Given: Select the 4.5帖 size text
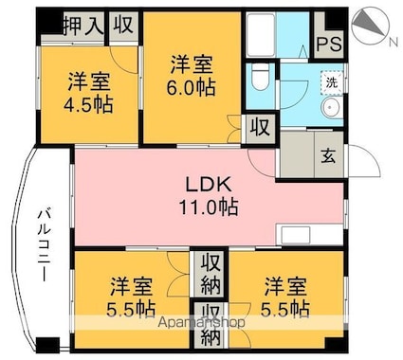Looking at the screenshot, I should pos(90,102).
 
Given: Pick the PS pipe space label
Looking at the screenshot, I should pos(329,44).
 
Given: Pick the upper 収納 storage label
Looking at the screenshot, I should pos(210,274).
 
